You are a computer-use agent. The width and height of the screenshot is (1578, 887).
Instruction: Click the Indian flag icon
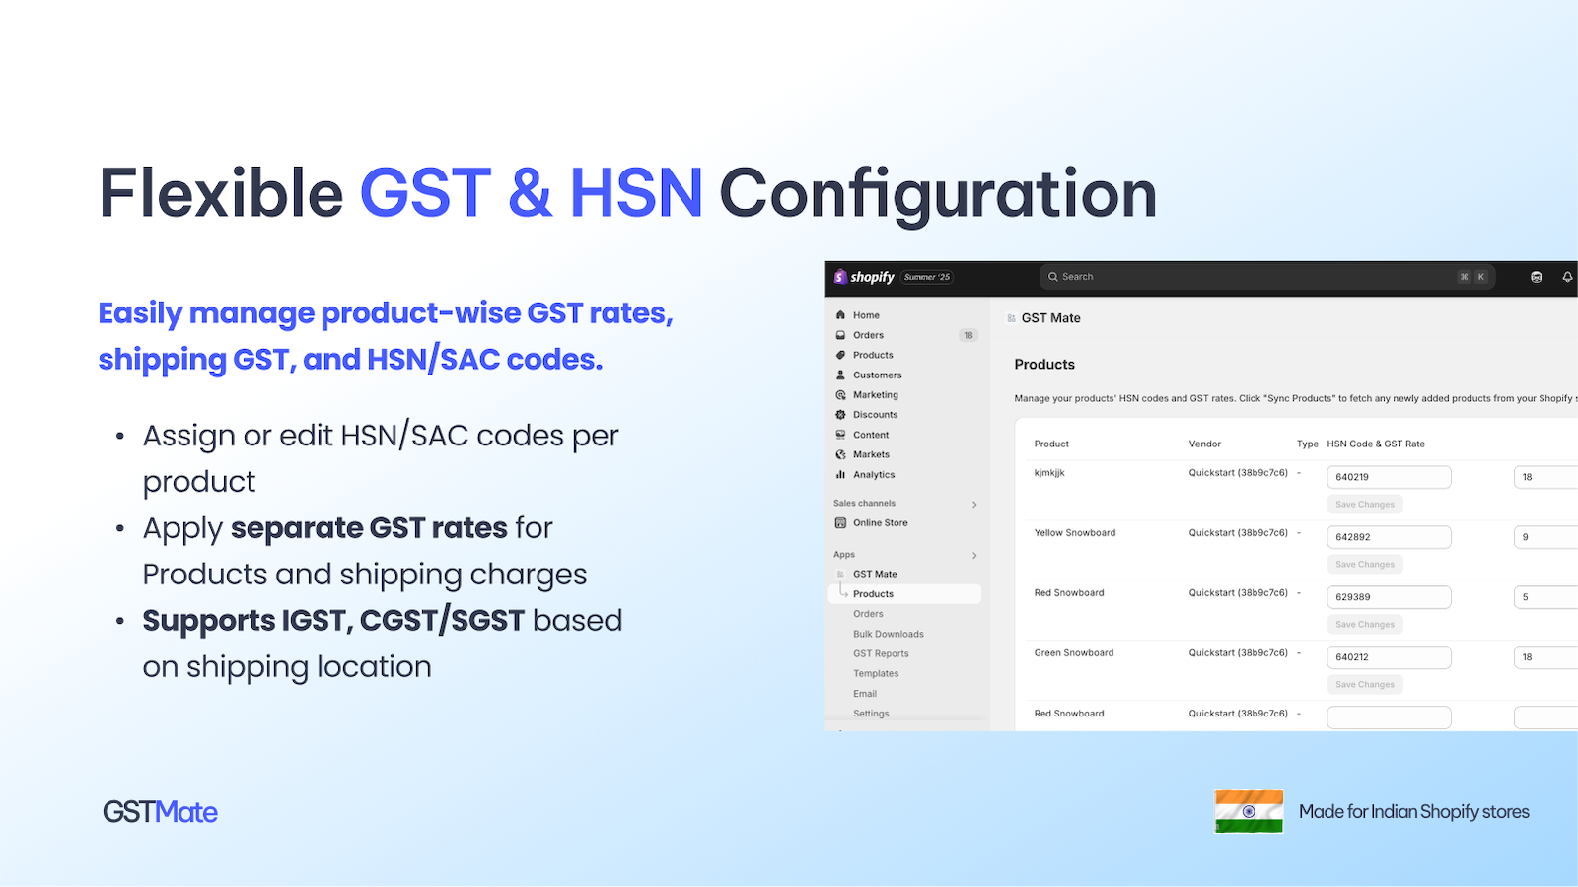coord(1249,811)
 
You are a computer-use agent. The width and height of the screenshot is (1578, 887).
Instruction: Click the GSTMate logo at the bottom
coord(160,812)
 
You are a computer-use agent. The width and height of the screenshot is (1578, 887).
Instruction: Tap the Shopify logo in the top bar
coord(865,277)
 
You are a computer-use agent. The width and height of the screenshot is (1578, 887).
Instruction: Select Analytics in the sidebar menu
coord(874,475)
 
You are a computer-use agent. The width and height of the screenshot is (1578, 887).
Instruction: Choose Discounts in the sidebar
coord(875,415)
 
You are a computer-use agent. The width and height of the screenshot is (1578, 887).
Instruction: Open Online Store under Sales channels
coord(880,523)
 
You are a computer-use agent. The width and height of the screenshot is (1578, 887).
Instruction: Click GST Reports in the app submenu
coord(881,654)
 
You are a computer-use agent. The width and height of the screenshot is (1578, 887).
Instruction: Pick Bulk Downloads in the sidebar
coord(888,635)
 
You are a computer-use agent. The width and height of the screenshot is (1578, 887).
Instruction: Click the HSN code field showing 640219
coord(1389,477)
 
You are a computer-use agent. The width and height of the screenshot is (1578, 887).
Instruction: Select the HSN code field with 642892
coord(1389,537)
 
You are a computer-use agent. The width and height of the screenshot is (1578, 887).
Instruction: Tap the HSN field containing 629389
coord(1389,597)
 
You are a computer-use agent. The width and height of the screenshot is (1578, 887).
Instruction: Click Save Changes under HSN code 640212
coord(1365,685)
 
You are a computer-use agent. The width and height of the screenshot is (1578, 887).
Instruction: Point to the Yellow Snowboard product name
coord(1075,533)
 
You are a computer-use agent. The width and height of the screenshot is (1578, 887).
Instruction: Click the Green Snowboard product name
coord(1074,653)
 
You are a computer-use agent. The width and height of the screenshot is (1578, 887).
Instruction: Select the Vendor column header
coord(1205,444)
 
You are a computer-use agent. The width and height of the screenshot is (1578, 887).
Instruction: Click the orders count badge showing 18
coord(968,336)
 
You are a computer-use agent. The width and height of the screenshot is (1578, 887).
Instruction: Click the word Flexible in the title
coord(221,193)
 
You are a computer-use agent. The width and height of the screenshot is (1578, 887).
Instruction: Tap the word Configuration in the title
coord(938,193)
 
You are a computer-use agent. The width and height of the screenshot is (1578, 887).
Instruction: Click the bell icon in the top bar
coord(1567,277)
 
